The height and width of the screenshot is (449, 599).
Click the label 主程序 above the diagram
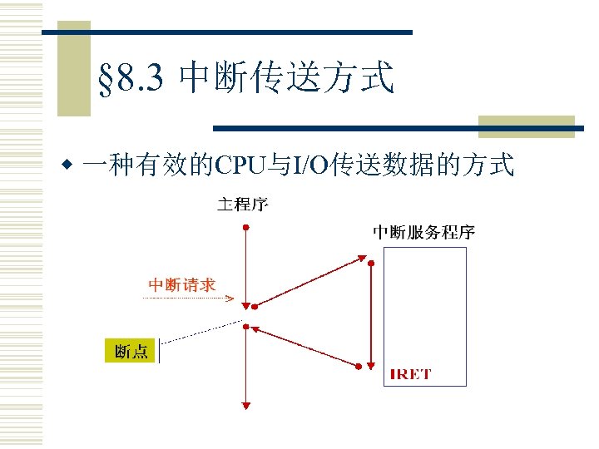pos(242,204)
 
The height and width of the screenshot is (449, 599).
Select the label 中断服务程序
pos(423,232)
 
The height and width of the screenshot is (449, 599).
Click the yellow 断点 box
pos(131,351)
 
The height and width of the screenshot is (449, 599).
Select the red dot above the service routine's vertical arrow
pos(371,263)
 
